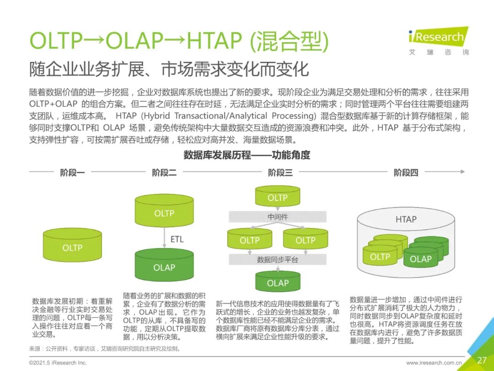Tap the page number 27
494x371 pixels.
point(482,360)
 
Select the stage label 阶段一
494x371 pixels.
point(72,172)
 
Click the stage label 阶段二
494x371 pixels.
point(164,172)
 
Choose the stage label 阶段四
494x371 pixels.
point(406,172)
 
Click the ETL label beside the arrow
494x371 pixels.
point(177,239)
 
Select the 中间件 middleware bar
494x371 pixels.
point(278,217)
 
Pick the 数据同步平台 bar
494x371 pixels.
point(278,260)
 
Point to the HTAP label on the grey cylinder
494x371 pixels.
point(406,219)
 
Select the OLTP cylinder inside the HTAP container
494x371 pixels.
point(380,256)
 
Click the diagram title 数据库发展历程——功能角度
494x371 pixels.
point(247,155)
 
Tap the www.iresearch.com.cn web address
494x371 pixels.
point(434,362)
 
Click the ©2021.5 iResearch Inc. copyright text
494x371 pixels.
point(57,362)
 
